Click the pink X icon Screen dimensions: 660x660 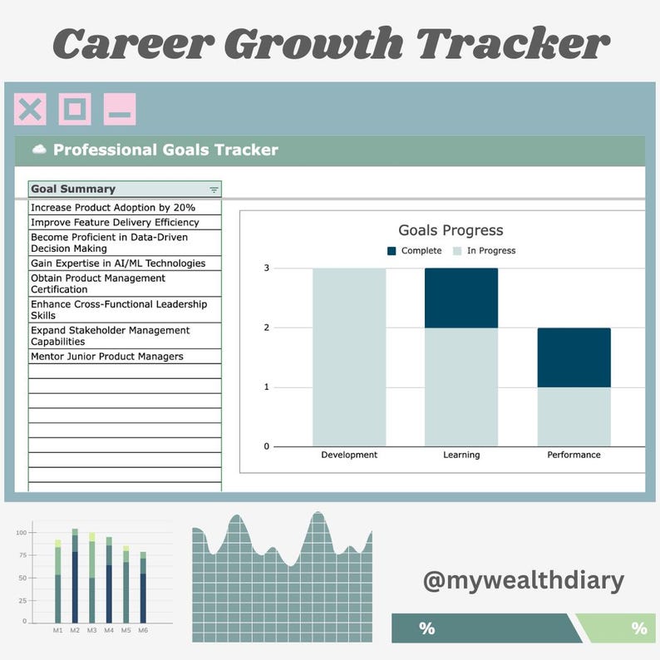30,110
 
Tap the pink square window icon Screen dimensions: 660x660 75,110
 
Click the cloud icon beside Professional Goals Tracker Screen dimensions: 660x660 39,150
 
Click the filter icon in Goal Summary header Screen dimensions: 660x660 214,190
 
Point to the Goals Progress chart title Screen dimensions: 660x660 451,230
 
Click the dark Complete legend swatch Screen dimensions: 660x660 392,251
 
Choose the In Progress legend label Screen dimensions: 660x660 490,251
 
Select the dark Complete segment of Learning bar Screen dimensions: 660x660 461,298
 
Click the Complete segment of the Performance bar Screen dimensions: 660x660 574,357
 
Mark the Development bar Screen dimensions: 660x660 349,357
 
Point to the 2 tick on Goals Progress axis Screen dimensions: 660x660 267,328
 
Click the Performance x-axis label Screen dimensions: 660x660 574,455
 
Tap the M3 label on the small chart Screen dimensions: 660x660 91,631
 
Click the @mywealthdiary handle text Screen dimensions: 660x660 523,580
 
